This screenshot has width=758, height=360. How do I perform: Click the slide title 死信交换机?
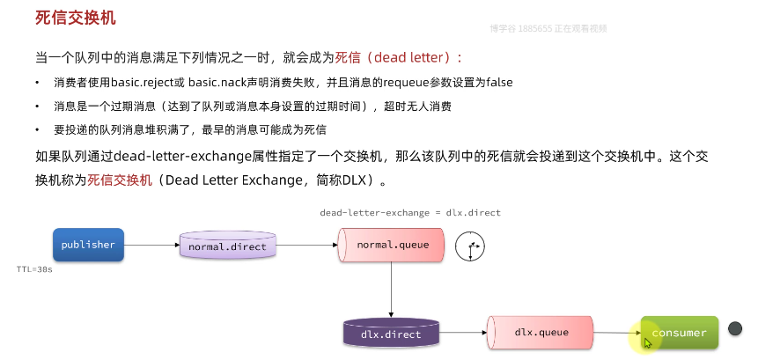(x=75, y=18)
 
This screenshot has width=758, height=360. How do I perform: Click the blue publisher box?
(x=88, y=245)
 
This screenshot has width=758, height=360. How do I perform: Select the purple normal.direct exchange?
(x=227, y=246)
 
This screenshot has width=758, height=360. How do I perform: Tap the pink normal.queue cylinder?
(x=391, y=244)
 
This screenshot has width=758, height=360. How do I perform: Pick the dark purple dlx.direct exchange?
(x=391, y=334)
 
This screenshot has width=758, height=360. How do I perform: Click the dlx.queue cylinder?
(x=540, y=332)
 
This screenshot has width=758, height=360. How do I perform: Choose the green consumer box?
(x=679, y=333)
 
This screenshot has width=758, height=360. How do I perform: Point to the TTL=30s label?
(x=34, y=269)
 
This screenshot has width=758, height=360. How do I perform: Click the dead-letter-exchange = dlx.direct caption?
(x=410, y=213)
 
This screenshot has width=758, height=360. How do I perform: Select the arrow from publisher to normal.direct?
(x=151, y=246)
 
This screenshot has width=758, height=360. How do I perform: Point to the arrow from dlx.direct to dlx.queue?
(x=463, y=334)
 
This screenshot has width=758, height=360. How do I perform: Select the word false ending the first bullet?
(x=499, y=82)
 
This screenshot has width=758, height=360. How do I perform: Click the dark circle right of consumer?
(x=735, y=327)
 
